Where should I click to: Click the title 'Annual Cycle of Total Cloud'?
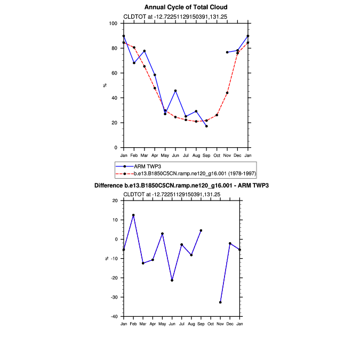click(186, 7)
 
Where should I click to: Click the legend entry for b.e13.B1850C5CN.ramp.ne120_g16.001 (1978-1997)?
click(186, 174)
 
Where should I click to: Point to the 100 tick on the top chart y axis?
click(113, 23)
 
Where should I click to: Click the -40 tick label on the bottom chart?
click(113, 316)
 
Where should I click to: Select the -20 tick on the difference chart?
click(113, 278)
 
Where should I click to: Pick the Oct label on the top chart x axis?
click(217, 155)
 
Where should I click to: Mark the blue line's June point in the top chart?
click(175, 91)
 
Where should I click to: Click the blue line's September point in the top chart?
click(206, 126)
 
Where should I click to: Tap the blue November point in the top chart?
click(227, 52)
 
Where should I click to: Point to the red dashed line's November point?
click(227, 93)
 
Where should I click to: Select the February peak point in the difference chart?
click(133, 215)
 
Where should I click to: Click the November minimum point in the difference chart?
click(220, 302)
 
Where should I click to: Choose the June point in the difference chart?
click(172, 280)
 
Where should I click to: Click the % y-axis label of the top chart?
click(105, 85)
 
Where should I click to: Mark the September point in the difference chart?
click(201, 230)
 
